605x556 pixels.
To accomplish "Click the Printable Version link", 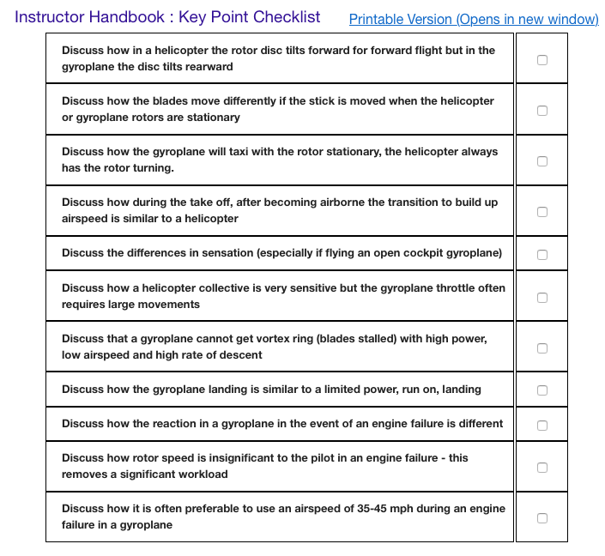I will point(474,19).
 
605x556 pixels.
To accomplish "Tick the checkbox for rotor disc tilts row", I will point(541,59).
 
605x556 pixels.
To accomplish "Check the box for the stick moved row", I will point(541,110).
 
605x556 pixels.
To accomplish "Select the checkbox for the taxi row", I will point(541,160).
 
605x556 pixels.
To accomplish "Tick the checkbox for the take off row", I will point(541,211).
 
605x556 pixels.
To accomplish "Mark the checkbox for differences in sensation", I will point(541,254).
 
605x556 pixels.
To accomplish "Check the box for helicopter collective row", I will point(541,297).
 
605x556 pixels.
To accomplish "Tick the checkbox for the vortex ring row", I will point(541,347).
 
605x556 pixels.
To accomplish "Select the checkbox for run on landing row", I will point(541,390).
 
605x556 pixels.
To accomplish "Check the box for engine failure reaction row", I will point(541,425).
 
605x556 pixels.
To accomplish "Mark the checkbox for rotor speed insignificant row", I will point(541,468).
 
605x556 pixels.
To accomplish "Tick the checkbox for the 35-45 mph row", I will point(541,517).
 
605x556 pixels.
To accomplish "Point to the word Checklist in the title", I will point(285,17).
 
